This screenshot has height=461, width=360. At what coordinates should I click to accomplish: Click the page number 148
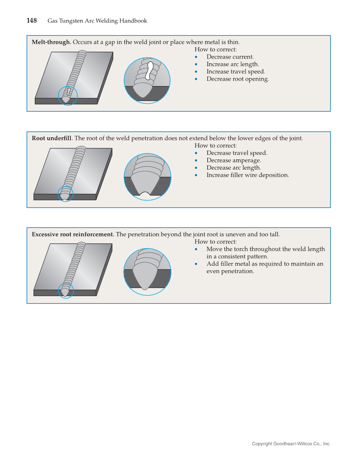[x=31, y=21]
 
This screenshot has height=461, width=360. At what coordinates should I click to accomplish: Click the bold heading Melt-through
[x=51, y=42]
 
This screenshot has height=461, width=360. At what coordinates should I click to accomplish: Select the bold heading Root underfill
[x=52, y=138]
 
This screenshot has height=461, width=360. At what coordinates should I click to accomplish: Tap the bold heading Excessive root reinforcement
[x=73, y=234]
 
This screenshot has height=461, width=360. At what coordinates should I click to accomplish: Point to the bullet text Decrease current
[x=230, y=57]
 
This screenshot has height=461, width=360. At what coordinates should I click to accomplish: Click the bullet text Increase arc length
[x=232, y=64]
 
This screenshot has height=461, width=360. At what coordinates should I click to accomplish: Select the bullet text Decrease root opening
[x=237, y=79]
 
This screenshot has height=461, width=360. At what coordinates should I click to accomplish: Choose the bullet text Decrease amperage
[x=234, y=160]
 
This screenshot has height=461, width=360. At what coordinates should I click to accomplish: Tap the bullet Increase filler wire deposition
[x=248, y=175]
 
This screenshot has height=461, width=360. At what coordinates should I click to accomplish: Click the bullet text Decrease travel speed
[x=237, y=153]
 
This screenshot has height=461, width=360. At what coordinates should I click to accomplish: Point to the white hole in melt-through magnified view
[x=149, y=70]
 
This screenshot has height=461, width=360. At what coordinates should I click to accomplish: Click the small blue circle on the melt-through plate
[x=68, y=95]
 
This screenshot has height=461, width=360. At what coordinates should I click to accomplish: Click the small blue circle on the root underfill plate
[x=65, y=194]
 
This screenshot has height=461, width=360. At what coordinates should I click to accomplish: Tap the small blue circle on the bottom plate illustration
[x=66, y=291]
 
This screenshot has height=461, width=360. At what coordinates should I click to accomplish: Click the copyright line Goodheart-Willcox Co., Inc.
[x=291, y=444]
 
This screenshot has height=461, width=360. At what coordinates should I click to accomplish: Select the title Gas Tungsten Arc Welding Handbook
[x=97, y=21]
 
